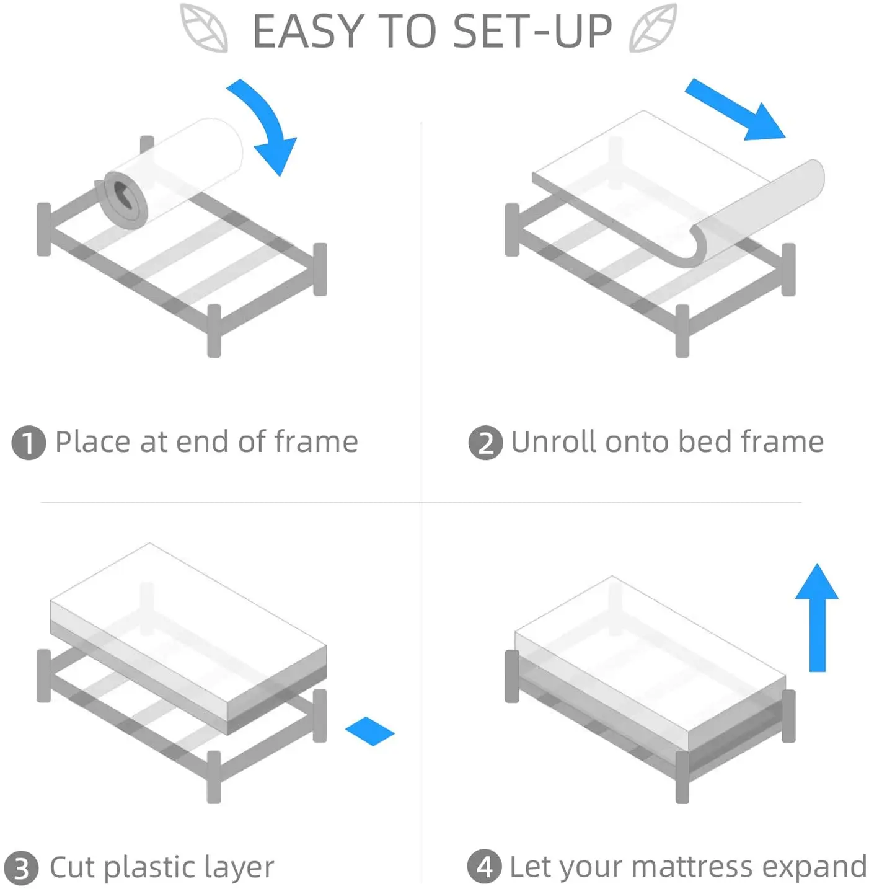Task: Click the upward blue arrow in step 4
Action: [817, 617]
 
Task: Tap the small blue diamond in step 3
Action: [370, 731]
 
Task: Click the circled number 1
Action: [29, 443]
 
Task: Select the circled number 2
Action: [485, 443]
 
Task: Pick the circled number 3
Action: [21, 867]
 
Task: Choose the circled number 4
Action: [484, 867]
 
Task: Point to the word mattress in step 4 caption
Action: [692, 866]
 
